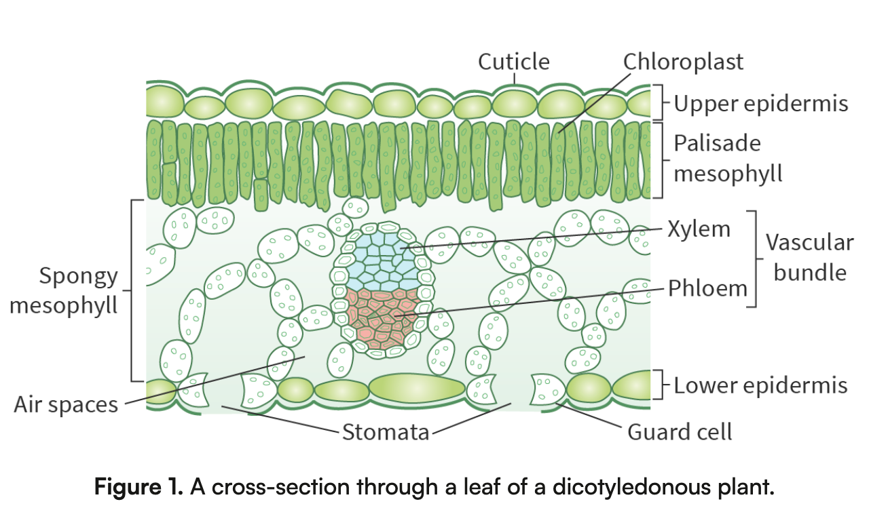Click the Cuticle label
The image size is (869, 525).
coord(514,62)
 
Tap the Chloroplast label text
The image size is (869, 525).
coord(683,62)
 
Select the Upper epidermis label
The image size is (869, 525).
coord(761,104)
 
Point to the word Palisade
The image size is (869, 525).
coord(718,144)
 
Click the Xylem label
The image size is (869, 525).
coord(699,229)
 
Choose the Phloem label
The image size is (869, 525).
coord(707,288)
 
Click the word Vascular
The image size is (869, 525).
coord(810,243)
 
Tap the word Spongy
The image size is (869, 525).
coord(78,277)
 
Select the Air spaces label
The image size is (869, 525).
coord(66,405)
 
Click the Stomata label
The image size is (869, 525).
coord(386,432)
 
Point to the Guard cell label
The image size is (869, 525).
coord(680,432)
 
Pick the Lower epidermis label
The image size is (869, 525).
coord(760,386)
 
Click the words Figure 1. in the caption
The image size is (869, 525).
coord(138,486)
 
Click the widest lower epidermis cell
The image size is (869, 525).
coord(417,388)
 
